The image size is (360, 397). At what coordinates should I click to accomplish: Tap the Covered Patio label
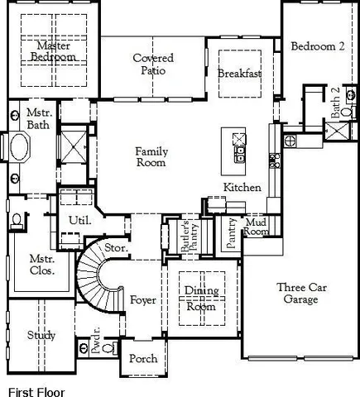click(153, 65)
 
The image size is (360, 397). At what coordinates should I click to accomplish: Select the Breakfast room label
click(239, 74)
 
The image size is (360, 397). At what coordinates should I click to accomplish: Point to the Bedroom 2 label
click(318, 47)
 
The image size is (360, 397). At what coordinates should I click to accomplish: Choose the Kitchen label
click(242, 188)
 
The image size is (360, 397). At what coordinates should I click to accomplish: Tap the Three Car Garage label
click(297, 294)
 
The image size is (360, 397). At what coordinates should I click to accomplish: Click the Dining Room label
click(200, 299)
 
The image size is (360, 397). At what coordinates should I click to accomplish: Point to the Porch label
click(142, 359)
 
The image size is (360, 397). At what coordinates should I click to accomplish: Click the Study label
click(41, 335)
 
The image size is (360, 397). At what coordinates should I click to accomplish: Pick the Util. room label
click(79, 220)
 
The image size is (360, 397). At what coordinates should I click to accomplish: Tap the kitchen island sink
click(240, 137)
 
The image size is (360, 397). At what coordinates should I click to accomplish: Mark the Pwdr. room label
click(96, 351)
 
